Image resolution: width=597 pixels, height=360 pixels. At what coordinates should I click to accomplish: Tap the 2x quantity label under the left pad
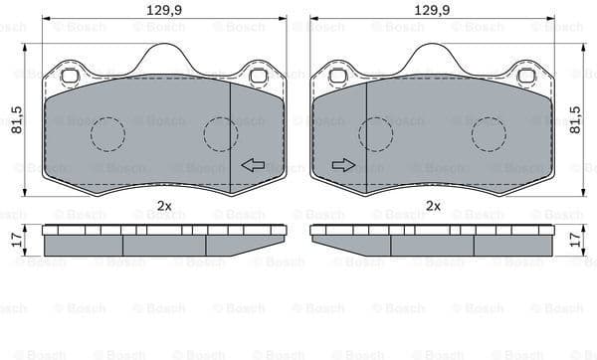164,206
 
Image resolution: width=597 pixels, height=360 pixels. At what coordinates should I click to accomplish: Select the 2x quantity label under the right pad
433,206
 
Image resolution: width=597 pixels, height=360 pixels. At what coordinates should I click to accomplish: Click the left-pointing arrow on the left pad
253,165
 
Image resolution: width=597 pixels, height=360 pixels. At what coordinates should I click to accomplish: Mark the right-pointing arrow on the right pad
343,165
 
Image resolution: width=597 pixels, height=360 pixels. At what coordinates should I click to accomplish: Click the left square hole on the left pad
70,76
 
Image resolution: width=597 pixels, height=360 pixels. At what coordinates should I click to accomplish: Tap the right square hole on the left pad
258,76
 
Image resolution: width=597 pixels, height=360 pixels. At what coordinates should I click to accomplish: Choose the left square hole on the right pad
338,76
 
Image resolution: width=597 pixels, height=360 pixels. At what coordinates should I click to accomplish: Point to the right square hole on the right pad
526,76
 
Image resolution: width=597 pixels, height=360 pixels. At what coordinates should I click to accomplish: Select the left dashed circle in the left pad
107,133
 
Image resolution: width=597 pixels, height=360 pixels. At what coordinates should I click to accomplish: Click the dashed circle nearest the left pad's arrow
221,133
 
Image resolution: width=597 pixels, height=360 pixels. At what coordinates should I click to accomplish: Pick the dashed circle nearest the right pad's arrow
375,133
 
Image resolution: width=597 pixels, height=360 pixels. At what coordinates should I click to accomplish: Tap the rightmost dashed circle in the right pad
489,133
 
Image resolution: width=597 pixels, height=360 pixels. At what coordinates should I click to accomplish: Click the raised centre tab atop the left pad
164,60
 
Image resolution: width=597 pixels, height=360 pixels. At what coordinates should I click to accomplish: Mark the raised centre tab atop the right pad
433,60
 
